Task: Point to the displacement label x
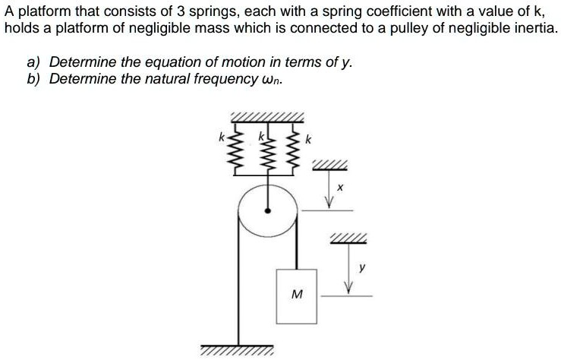(x=341, y=185)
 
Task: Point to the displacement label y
(x=363, y=267)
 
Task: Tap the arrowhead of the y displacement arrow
(x=349, y=288)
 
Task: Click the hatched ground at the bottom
(x=237, y=352)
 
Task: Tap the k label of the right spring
(x=308, y=140)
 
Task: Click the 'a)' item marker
(x=34, y=62)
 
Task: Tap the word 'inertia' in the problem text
(x=531, y=28)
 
